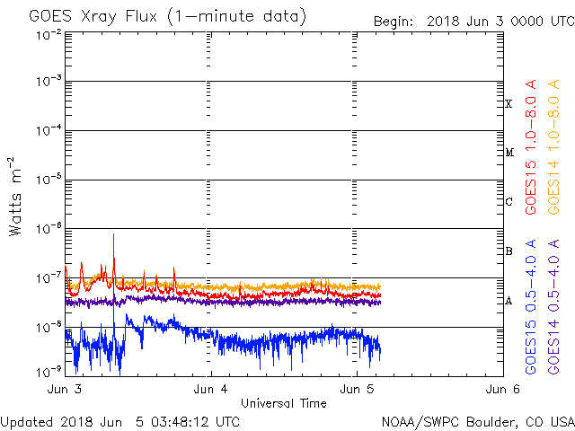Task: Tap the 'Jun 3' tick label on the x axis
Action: coord(65,389)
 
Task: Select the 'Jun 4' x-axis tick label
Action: coord(211,389)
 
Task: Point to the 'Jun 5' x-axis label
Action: coord(357,389)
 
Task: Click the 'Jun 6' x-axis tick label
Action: coord(502,389)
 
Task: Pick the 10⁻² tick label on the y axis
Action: coord(49,33)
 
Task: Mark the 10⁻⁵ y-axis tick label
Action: coord(49,180)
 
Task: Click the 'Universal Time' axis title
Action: coord(283,403)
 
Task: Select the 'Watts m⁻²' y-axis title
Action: coord(15,197)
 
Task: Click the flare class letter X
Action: coord(509,104)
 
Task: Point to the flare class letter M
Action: coord(509,153)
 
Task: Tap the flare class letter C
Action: coord(509,202)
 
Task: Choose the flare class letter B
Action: coord(509,251)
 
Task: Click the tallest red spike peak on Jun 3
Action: coord(114,234)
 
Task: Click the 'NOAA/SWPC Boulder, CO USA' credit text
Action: coord(477,421)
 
